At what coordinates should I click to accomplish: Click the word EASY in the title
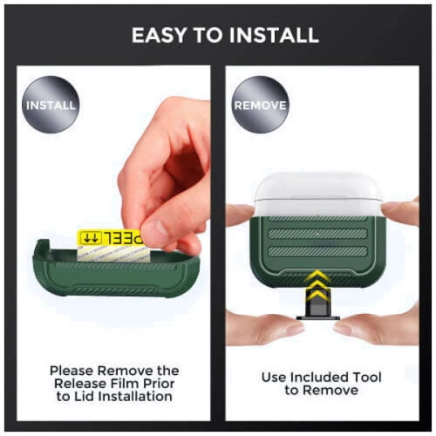click(159, 35)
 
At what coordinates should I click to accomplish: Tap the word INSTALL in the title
click(274, 35)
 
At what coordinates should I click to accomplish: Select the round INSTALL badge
click(51, 105)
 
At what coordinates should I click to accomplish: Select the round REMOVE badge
click(260, 105)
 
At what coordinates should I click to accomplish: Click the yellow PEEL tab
click(111, 238)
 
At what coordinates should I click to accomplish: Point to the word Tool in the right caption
click(367, 378)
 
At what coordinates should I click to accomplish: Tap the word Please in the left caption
click(72, 371)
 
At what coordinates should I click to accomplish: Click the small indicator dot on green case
click(317, 233)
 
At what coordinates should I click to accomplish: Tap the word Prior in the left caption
click(160, 384)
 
